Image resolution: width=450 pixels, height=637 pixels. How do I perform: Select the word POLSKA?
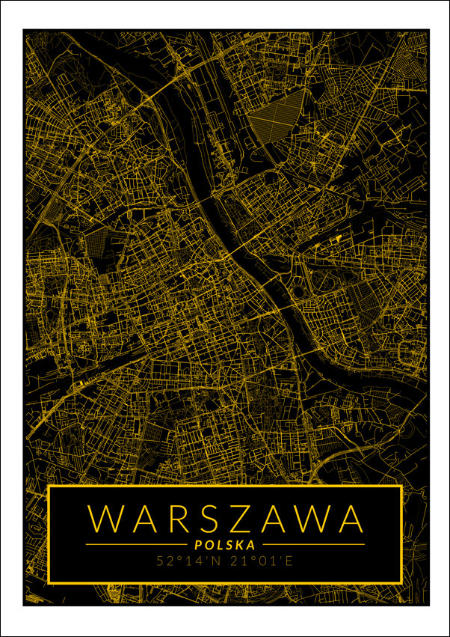225,545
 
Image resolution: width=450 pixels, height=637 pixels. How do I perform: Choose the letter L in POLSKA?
220,545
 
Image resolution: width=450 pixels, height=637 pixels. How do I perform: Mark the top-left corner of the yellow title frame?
49,487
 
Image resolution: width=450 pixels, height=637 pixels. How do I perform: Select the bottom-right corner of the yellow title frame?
401,582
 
